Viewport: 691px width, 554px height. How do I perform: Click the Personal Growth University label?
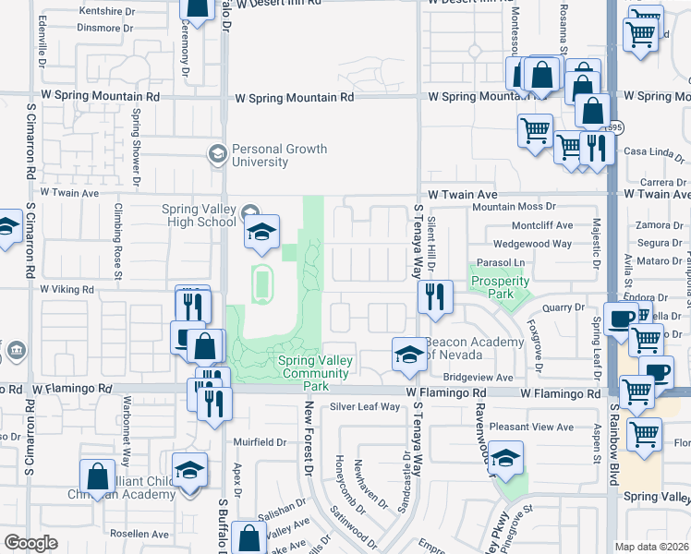point(273,155)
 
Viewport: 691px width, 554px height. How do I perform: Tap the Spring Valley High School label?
point(199,215)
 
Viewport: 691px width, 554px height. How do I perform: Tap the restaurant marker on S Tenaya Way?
point(434,297)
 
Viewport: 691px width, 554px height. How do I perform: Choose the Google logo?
point(30,543)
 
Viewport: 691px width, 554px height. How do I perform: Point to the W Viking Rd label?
point(67,289)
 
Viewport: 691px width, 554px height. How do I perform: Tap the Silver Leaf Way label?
point(365,406)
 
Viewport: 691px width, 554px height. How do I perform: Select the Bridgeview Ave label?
point(477,378)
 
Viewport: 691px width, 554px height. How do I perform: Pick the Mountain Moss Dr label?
point(514,208)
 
